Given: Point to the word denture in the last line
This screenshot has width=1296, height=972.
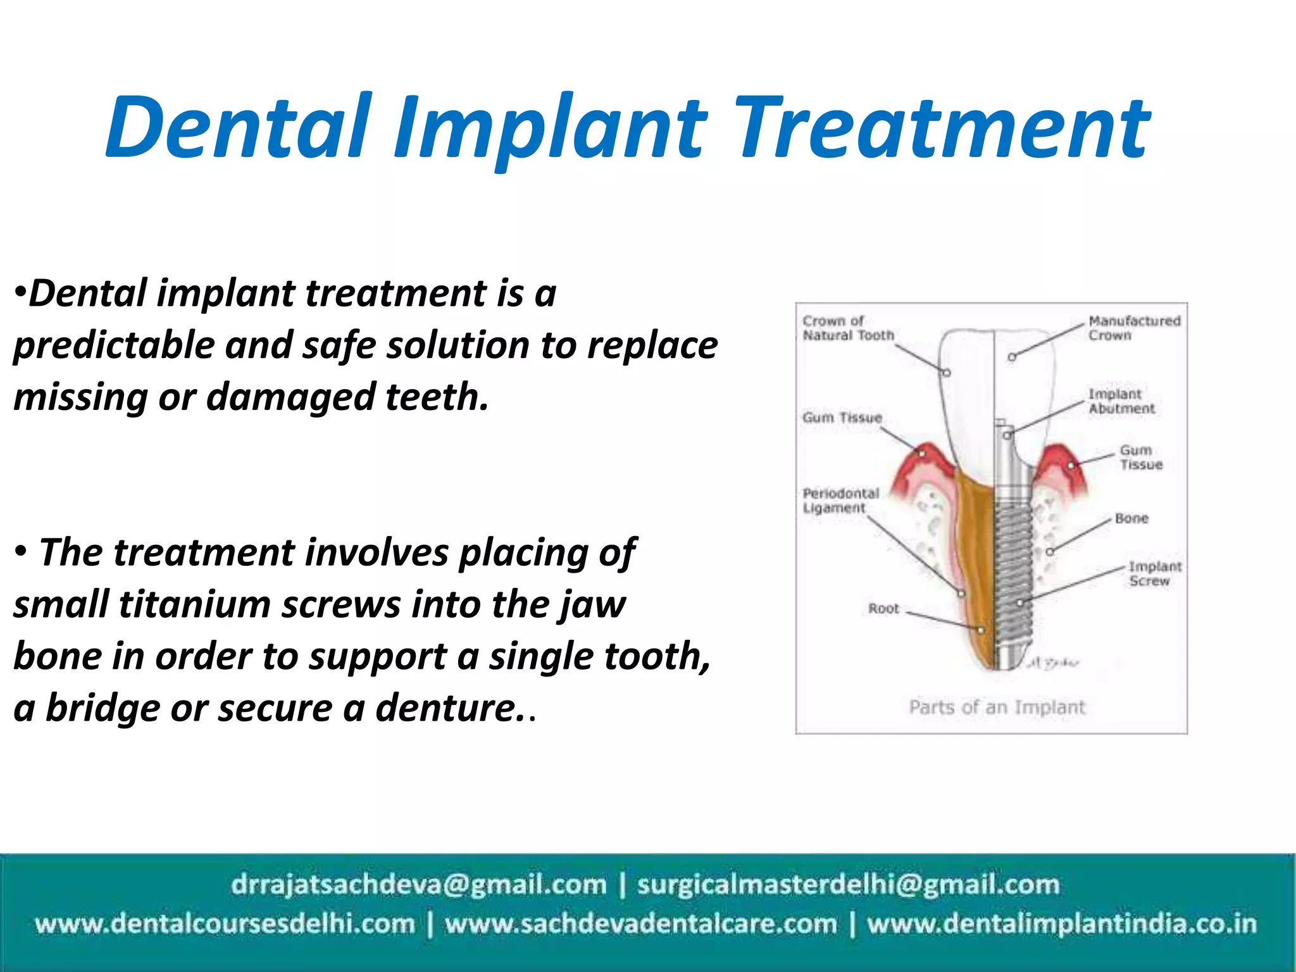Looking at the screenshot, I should (x=446, y=708).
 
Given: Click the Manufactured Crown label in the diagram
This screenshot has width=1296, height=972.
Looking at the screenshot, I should (x=1133, y=328).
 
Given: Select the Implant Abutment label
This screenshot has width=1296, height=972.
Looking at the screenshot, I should (x=1121, y=401).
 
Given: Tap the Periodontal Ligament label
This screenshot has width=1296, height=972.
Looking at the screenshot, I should (x=840, y=500).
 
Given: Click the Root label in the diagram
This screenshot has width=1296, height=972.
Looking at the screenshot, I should (x=883, y=608).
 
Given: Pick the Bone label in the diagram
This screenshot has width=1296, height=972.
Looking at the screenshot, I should (x=1131, y=518).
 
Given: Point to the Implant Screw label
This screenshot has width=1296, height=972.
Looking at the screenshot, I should (x=1154, y=573).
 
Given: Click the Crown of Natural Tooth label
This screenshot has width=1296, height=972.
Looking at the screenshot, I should (x=847, y=328).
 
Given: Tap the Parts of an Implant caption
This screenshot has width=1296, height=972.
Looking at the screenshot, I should (x=997, y=707).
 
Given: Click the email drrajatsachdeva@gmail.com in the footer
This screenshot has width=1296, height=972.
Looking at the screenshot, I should (x=418, y=884).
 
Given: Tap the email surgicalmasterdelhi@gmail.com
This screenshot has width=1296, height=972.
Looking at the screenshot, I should (x=848, y=884).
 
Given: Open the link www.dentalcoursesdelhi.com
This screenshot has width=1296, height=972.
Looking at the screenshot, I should (x=225, y=924).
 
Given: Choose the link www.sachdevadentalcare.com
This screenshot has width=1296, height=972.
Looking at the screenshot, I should (x=640, y=924).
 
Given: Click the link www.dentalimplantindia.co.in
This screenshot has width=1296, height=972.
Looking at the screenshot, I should (x=1061, y=924).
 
